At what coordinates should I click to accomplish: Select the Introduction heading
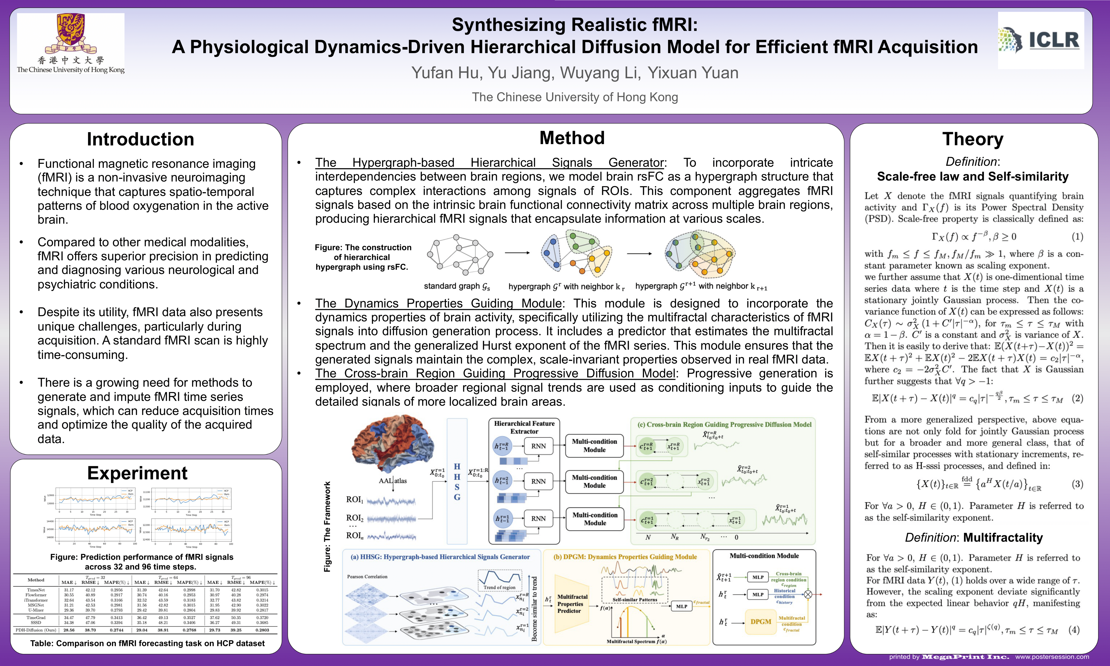tap(140, 139)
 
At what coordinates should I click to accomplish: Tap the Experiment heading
tap(137, 473)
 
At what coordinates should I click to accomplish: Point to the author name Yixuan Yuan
tap(693, 73)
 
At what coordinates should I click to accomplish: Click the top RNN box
tap(538, 446)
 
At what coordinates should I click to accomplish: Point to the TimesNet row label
tap(36, 590)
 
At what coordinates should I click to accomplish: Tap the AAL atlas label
tap(393, 481)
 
